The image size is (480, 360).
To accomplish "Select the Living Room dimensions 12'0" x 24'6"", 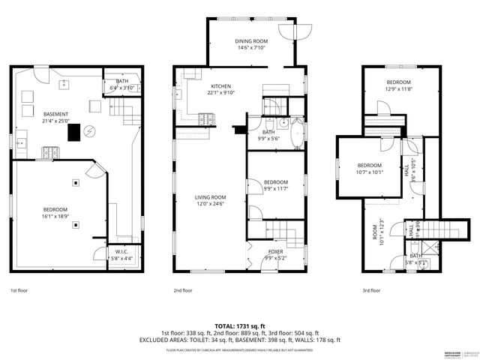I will [x=211, y=204].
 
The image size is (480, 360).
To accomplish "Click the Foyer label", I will [x=274, y=251].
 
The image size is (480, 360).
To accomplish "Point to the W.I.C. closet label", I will [x=122, y=251].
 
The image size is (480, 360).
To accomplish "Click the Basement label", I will [x=56, y=114].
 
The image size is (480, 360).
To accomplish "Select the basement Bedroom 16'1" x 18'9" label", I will [x=55, y=212].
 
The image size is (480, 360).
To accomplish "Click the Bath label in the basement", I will [x=122, y=83].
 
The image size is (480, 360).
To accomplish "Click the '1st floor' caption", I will [x=20, y=289].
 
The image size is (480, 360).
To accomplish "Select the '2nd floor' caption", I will [x=183, y=289].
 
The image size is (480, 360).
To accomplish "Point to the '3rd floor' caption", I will [x=370, y=289].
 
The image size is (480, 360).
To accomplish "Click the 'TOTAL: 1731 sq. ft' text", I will [x=239, y=326].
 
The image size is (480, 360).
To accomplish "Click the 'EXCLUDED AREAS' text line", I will [x=239, y=340].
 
